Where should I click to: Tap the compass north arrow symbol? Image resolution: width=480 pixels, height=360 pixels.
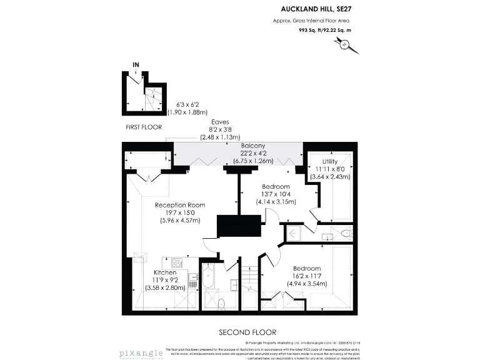344,44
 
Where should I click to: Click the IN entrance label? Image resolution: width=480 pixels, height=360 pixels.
136,64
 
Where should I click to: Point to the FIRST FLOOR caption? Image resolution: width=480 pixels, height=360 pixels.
144,127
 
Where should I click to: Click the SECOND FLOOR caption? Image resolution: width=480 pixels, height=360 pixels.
247,332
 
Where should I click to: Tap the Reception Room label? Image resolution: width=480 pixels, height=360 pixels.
180,205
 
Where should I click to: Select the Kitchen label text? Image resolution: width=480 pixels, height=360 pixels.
165,273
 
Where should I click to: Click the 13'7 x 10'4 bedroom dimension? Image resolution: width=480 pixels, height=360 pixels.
276,194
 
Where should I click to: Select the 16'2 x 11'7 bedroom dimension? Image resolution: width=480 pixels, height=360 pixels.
307,276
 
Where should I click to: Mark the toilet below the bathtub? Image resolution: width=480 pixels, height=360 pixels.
221,304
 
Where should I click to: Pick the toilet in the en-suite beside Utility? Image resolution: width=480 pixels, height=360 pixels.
346,234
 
